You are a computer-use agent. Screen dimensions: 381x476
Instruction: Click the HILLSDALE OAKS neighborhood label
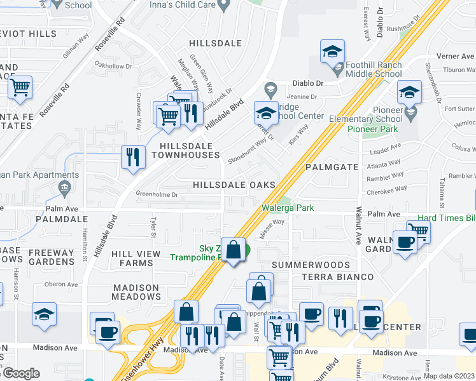click(x=235, y=185)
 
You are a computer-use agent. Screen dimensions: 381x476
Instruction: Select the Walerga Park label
click(x=288, y=208)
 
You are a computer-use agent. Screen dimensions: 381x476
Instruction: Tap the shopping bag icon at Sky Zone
click(x=234, y=251)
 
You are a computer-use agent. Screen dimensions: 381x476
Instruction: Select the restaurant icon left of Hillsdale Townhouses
click(x=132, y=157)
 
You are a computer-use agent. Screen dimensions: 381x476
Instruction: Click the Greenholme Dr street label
click(x=156, y=195)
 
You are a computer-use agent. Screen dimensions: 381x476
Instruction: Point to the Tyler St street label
click(x=153, y=227)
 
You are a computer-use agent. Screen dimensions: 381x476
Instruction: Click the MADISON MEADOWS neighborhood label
click(x=136, y=291)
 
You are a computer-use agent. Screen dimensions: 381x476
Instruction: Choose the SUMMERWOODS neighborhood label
click(x=311, y=264)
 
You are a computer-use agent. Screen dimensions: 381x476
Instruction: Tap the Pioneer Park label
click(x=372, y=129)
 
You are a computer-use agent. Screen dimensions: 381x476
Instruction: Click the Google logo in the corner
click(x=20, y=373)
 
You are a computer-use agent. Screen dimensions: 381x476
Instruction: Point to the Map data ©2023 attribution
click(x=449, y=376)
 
